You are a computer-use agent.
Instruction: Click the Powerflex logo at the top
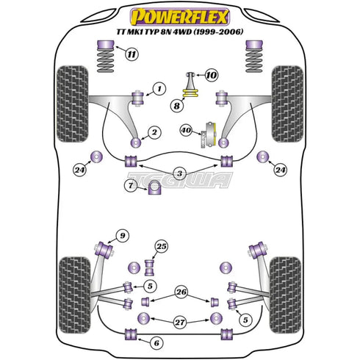[x=179, y=15]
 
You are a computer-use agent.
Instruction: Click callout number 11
[x=131, y=54]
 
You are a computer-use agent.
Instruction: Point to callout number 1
[x=157, y=89]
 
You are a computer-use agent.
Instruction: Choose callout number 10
[x=211, y=75]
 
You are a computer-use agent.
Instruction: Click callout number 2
[x=154, y=132]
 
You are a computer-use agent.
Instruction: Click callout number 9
[x=123, y=236]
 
